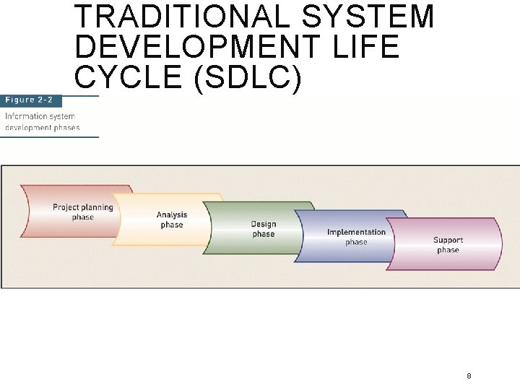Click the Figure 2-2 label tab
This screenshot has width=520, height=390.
(x=30, y=100)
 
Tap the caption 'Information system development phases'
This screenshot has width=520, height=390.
(x=42, y=122)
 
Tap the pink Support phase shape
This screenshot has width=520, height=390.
(x=448, y=245)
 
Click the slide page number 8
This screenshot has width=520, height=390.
(x=469, y=376)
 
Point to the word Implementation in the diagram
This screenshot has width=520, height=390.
(x=356, y=232)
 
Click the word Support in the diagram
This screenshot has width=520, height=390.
(x=448, y=240)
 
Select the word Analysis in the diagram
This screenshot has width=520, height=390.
(x=172, y=214)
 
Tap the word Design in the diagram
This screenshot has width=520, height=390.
(x=264, y=224)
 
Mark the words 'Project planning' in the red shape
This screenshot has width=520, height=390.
(x=82, y=207)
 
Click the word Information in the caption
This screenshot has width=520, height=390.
(x=27, y=116)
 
